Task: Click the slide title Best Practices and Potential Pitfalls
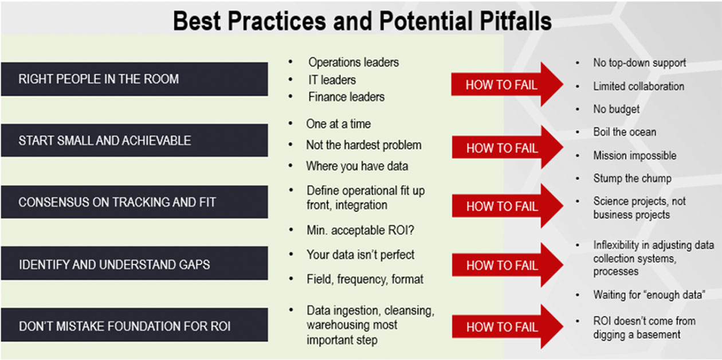tap(362, 21)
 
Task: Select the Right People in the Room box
tap(135, 79)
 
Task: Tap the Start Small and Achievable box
tap(135, 140)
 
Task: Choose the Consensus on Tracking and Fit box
tap(135, 202)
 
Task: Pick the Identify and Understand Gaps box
tap(135, 263)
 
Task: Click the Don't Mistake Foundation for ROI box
tap(135, 325)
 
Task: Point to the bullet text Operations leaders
tap(354, 62)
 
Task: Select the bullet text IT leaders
tap(332, 80)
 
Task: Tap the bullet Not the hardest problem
tap(363, 145)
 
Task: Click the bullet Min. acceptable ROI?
tap(360, 230)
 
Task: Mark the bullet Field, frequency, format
tap(365, 279)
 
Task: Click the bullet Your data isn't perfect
tap(360, 255)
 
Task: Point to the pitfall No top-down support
tap(639, 62)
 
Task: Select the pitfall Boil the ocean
tap(625, 132)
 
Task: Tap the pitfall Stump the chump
tap(633, 178)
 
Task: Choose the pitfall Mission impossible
tap(635, 155)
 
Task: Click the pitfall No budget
tap(617, 109)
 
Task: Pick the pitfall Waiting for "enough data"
tap(649, 295)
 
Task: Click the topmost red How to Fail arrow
tap(507, 84)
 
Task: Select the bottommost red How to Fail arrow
tap(508, 326)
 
